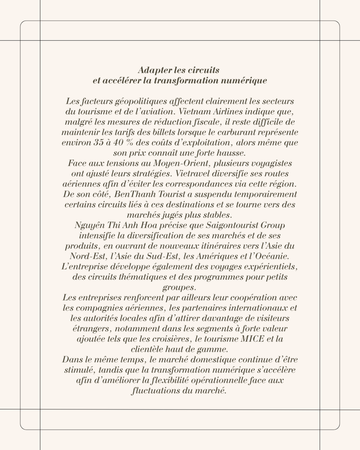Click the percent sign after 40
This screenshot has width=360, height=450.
[132, 143]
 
